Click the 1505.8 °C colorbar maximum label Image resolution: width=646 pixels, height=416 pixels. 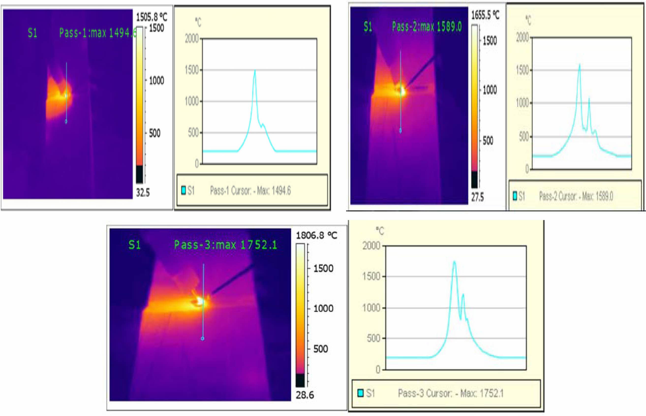click(x=152, y=17)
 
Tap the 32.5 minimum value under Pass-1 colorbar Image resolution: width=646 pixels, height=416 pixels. click(x=143, y=193)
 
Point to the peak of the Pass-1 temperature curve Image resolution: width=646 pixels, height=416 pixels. click(x=255, y=71)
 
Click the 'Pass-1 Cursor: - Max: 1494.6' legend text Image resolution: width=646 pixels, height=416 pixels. click(x=250, y=191)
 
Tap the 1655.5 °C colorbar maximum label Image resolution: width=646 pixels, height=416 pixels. click(x=485, y=15)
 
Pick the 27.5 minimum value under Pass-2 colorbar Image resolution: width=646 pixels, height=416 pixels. click(x=477, y=198)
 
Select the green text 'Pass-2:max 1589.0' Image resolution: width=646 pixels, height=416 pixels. click(x=427, y=27)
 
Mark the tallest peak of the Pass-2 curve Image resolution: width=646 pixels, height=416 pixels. click(x=580, y=65)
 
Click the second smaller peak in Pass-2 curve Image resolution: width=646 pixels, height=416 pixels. click(x=589, y=99)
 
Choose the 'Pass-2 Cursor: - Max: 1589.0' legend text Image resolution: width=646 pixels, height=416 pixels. click(x=576, y=196)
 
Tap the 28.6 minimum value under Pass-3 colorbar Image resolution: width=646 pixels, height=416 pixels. click(x=305, y=395)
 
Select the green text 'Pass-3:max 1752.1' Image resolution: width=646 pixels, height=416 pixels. click(x=226, y=245)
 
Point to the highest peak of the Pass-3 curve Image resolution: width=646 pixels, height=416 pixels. click(x=454, y=262)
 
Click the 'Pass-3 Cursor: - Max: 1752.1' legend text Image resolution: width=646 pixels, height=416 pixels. click(x=451, y=393)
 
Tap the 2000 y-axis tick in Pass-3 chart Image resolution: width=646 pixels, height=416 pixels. click(x=371, y=246)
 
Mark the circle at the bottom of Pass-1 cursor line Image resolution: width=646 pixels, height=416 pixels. click(x=66, y=122)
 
